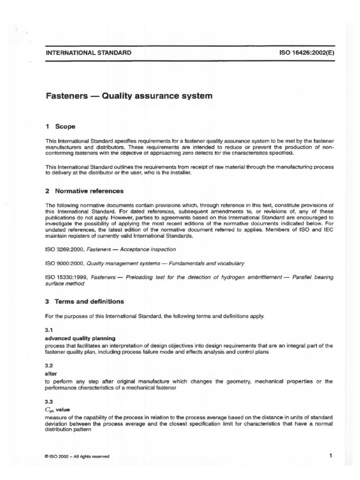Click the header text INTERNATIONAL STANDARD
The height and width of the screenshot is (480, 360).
(x=88, y=53)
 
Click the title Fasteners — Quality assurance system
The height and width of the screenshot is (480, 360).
(x=129, y=96)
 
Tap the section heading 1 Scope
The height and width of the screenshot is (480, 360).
(x=60, y=127)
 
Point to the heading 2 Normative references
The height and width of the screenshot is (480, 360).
(x=84, y=191)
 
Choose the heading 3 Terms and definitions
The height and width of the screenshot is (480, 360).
(x=85, y=301)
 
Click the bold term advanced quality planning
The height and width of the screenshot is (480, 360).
(x=81, y=338)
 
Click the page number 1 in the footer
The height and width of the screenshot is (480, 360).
(x=330, y=455)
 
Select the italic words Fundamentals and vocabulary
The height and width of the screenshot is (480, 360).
(x=209, y=264)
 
